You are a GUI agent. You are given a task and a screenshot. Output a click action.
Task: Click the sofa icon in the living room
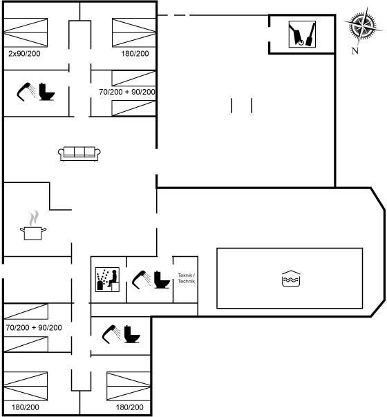point(79,154)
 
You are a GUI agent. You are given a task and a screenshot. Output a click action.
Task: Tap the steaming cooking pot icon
point(33,226)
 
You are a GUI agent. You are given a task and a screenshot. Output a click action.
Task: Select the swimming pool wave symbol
point(291,278)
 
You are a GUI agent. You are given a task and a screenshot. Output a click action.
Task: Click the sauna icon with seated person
point(107,280)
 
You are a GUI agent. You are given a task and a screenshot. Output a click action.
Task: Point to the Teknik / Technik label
point(187,278)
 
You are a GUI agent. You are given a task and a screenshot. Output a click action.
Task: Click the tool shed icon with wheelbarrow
point(302,35)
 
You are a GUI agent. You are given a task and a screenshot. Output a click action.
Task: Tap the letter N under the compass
point(355,50)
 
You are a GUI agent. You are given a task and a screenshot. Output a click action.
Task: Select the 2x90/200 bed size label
point(24,54)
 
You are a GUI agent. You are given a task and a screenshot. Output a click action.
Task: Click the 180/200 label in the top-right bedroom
point(135,54)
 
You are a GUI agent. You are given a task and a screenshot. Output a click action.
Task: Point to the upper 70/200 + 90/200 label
point(127,92)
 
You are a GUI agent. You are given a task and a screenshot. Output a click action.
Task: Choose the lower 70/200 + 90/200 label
point(34,328)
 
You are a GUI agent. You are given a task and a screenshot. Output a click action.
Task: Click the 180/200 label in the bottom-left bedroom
point(26,407)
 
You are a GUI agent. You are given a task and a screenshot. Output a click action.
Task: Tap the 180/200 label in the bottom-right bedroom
point(130,407)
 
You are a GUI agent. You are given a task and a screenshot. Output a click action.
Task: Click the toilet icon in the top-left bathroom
point(46,92)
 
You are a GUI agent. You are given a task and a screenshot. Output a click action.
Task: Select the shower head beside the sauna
point(141,280)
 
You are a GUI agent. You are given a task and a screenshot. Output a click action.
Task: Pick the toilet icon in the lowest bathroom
point(132,334)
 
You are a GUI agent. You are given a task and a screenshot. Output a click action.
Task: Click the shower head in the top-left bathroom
point(26,92)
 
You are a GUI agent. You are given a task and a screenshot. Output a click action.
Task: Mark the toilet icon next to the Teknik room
point(162,280)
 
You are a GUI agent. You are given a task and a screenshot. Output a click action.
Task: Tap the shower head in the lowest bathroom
point(111,334)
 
